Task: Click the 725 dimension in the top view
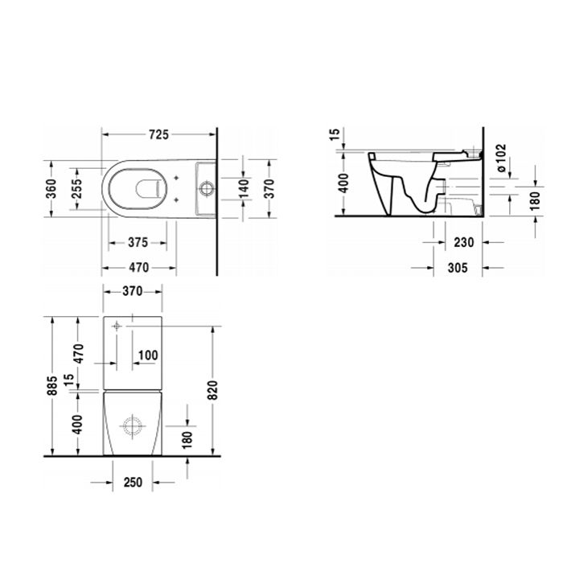(x=158, y=135)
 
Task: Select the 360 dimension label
(x=51, y=190)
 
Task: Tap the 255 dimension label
(x=76, y=190)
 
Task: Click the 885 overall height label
(x=51, y=387)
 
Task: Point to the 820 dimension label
(x=213, y=388)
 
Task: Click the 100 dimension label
(x=147, y=355)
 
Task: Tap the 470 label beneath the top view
(x=138, y=267)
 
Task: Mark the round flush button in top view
(x=207, y=190)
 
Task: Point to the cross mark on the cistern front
(x=117, y=327)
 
